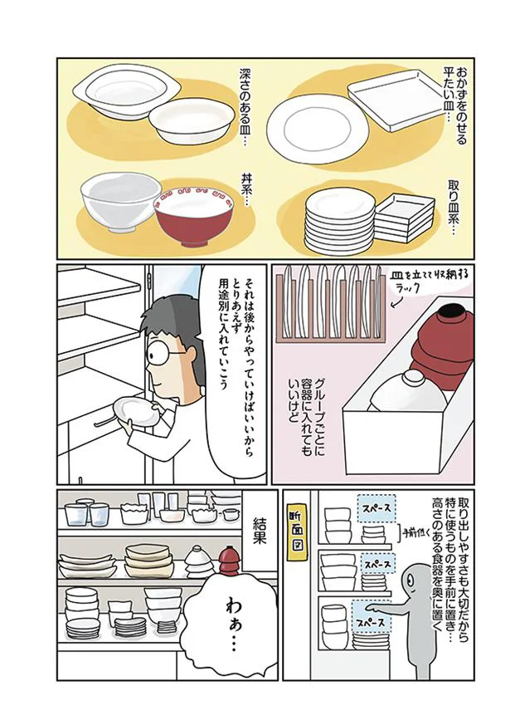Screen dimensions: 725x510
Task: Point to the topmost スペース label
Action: click(x=375, y=506)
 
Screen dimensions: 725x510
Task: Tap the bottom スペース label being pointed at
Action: click(x=372, y=618)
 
